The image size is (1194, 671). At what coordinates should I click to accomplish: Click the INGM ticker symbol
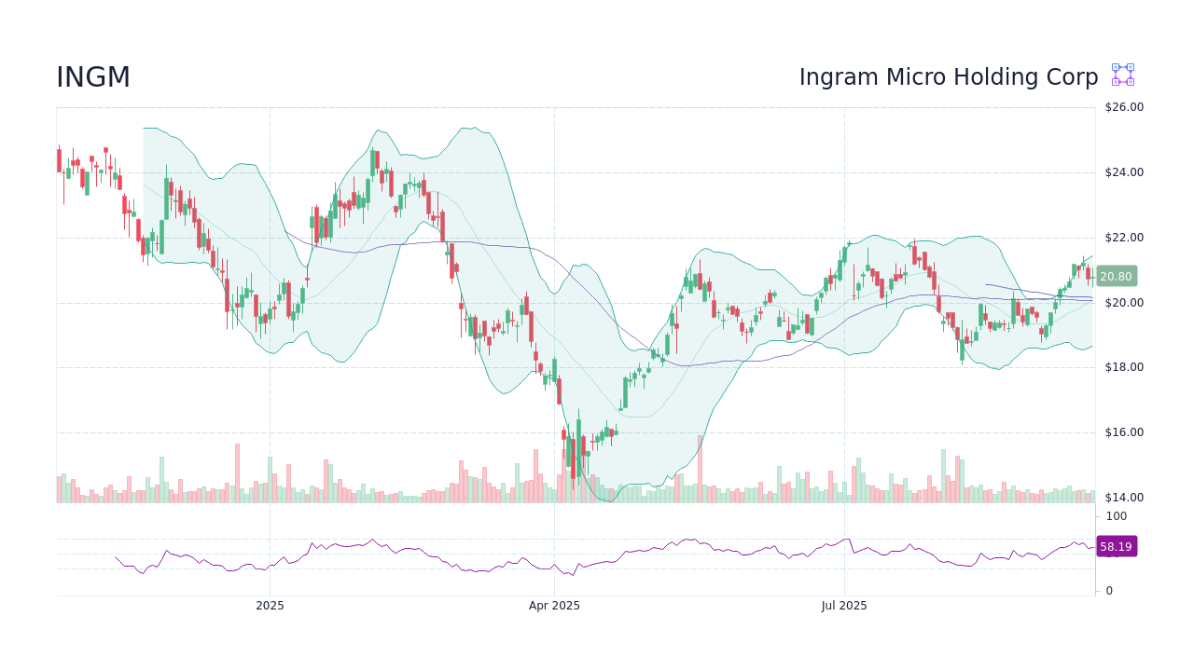click(x=93, y=77)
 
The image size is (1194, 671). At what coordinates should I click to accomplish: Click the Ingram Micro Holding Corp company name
click(x=948, y=77)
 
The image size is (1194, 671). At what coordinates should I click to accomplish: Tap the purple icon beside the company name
click(x=1122, y=75)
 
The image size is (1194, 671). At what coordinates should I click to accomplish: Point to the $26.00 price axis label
click(x=1123, y=107)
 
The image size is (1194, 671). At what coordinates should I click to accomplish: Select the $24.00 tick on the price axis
click(x=1123, y=172)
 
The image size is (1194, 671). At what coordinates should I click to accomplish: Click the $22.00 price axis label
click(x=1123, y=238)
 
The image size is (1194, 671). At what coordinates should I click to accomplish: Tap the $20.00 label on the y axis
click(x=1123, y=303)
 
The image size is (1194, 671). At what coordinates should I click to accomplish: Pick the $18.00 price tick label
click(x=1123, y=367)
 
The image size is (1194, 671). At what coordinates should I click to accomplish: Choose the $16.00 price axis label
click(x=1123, y=432)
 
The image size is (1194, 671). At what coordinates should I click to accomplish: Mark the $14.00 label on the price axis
click(x=1123, y=498)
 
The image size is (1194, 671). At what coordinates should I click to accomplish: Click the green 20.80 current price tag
click(x=1116, y=276)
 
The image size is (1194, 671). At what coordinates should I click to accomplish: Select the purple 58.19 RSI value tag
click(x=1116, y=547)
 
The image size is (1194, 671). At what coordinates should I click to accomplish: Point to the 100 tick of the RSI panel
click(x=1117, y=516)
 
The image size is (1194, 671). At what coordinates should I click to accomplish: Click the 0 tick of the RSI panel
click(x=1109, y=591)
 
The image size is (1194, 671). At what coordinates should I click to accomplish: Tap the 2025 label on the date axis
click(x=270, y=606)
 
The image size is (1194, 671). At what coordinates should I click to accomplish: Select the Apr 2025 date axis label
click(x=554, y=606)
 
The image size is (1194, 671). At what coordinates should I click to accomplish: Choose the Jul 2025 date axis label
click(x=844, y=606)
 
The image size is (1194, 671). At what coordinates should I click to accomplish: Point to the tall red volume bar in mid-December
click(x=237, y=473)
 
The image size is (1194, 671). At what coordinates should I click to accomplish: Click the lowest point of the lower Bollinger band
click(x=611, y=500)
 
